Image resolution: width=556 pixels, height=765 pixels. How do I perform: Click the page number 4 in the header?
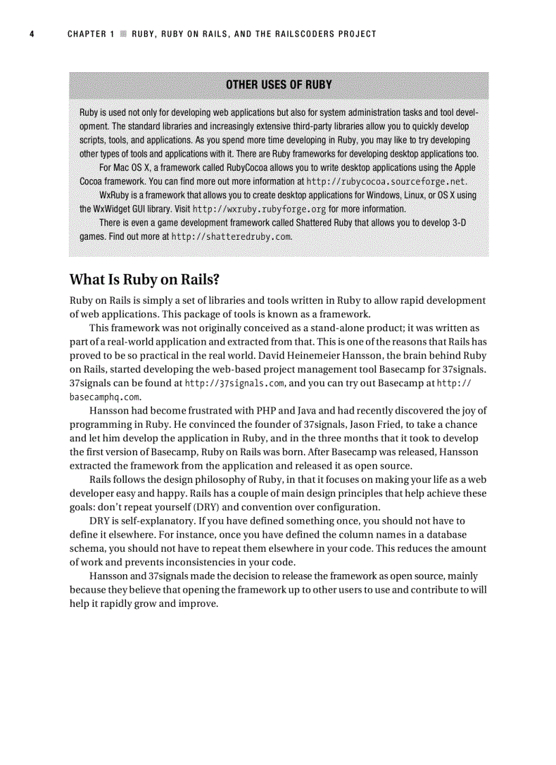[31, 34]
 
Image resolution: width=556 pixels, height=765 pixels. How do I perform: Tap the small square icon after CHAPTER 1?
[123, 34]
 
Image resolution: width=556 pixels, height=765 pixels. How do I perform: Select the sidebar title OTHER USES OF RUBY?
[279, 85]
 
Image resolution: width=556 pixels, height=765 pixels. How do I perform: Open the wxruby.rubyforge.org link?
[259, 209]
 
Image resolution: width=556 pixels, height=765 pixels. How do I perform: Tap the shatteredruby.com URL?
[232, 237]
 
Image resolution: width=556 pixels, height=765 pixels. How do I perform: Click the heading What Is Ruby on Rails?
[145, 281]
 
